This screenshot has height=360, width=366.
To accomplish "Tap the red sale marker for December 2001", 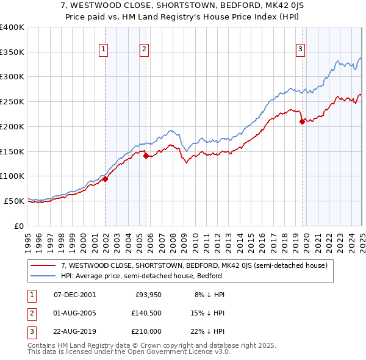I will tap(105, 179).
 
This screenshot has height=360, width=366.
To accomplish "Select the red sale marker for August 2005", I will tap(146, 156).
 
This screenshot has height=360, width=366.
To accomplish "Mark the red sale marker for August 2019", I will tap(302, 121).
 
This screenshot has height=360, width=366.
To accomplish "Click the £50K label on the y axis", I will tap(14, 201).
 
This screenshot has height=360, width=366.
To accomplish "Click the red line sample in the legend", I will tap(43, 265).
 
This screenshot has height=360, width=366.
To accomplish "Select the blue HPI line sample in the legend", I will tap(43, 276).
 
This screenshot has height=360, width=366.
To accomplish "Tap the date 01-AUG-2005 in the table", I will tap(75, 313).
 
